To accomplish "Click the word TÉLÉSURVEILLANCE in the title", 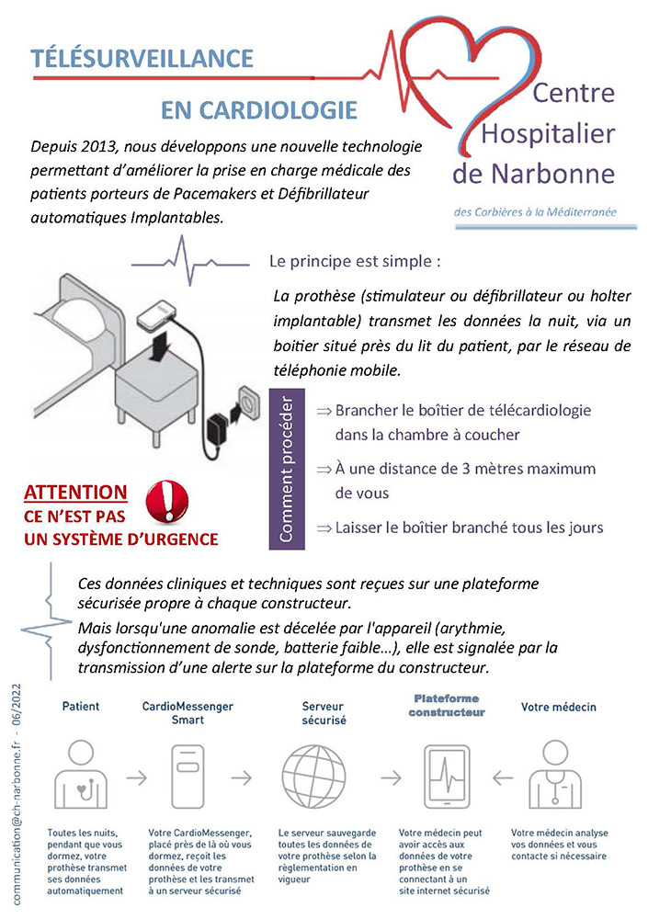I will pos(142,59).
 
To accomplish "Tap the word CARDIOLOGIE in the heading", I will pos(259,111).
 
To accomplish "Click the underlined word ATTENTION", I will pos(75,494).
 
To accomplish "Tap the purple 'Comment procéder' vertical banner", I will pos(287,469).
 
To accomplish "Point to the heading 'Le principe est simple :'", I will pos(355,260).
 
